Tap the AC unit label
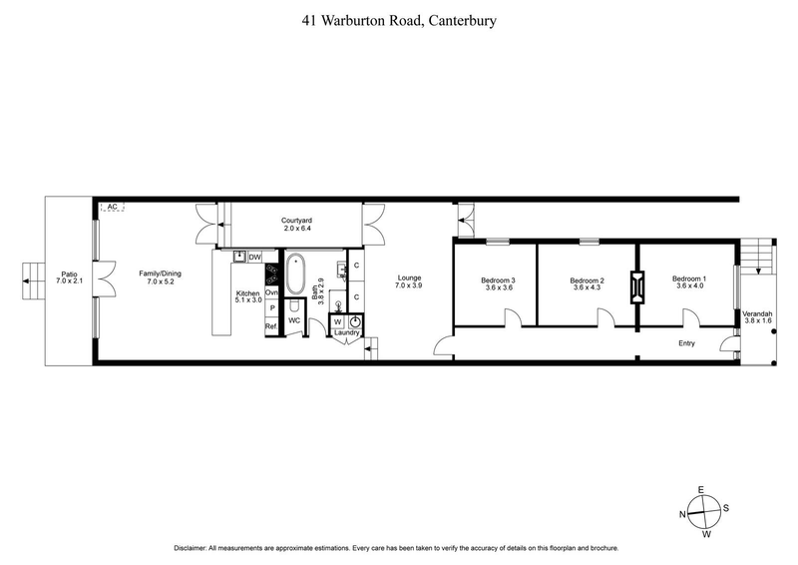[113, 207]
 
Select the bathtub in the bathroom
[297, 275]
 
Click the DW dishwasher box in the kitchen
[255, 257]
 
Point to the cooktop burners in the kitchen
[270, 276]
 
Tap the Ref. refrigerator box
[270, 326]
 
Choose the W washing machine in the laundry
[337, 322]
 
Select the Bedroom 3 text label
[496, 282]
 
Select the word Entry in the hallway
[685, 343]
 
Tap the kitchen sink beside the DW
[239, 257]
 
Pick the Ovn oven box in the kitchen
[270, 292]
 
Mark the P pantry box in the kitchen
[270, 309]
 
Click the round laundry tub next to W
[354, 322]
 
